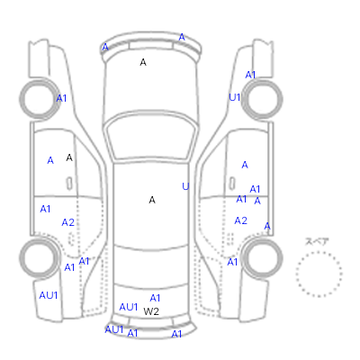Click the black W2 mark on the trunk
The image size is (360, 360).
click(151, 311)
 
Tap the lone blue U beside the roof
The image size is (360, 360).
click(185, 186)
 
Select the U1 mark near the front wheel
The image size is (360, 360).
click(235, 97)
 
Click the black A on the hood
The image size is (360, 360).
click(143, 62)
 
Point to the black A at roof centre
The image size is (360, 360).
click(152, 200)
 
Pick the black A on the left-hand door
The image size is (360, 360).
click(69, 157)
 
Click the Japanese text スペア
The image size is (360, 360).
click(317, 241)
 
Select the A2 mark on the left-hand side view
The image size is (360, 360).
click(67, 222)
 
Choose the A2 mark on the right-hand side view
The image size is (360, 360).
click(241, 220)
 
